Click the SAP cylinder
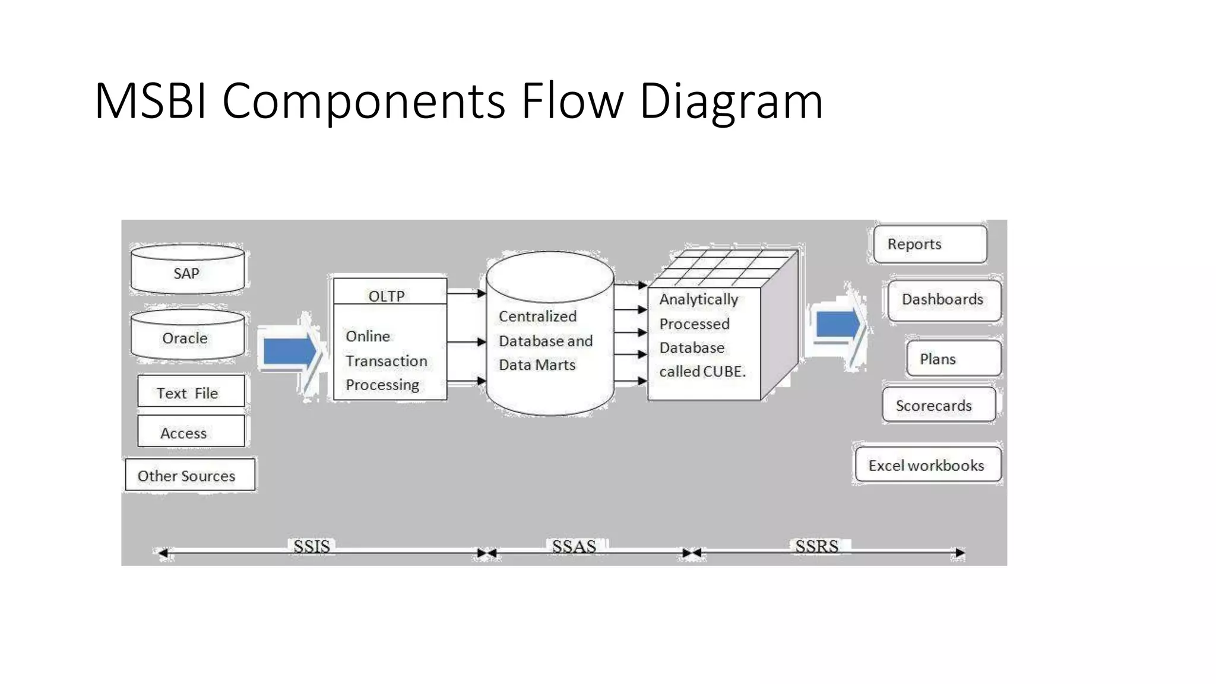click(187, 272)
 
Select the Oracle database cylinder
click(187, 337)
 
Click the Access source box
click(191, 432)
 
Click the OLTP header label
click(387, 295)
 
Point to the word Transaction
click(387, 361)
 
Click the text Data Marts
click(537, 365)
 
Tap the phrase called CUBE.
click(702, 372)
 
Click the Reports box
click(930, 244)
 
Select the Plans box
click(953, 359)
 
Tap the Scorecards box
click(938, 406)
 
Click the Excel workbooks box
click(927, 465)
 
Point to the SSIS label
click(312, 546)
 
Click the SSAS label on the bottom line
click(574, 546)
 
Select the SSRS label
click(816, 546)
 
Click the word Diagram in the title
click(731, 101)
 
